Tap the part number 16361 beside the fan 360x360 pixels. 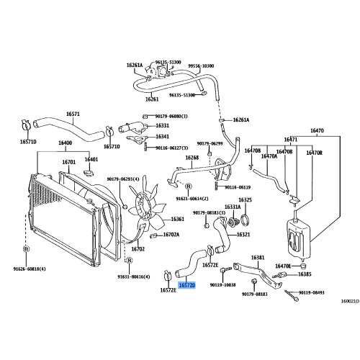point(178,220)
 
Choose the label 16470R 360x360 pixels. point(315,153)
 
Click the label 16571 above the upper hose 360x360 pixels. point(73,114)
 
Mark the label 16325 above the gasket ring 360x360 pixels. point(245,199)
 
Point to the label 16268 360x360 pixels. point(192,158)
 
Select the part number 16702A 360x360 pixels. point(171,235)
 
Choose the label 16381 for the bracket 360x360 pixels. point(258,257)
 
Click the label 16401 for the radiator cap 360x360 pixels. point(91,159)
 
